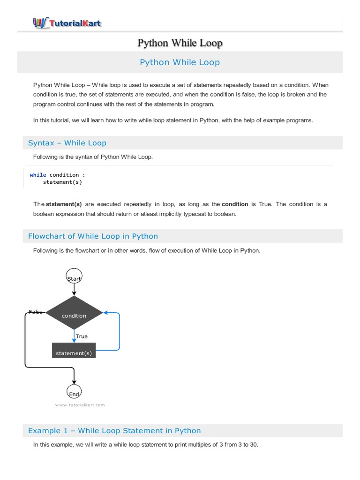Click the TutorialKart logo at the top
pyautogui.click(x=67, y=22)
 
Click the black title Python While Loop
pyautogui.click(x=180, y=43)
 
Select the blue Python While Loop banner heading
pyautogui.click(x=180, y=62)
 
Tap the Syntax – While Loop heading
pyautogui.click(x=67, y=143)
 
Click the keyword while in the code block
pyautogui.click(x=38, y=175)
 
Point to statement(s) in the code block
pyautogui.click(x=62, y=182)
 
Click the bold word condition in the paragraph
pyautogui.click(x=235, y=204)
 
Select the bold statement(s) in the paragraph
pyautogui.click(x=64, y=204)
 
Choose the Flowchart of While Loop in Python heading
pyautogui.click(x=93, y=236)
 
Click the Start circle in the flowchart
pyautogui.click(x=74, y=277)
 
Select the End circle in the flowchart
pyautogui.click(x=74, y=392)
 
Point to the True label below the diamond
pyautogui.click(x=82, y=336)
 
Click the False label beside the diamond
pyautogui.click(x=36, y=312)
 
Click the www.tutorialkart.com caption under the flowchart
pyautogui.click(x=80, y=405)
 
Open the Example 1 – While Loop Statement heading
pyautogui.click(x=114, y=430)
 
